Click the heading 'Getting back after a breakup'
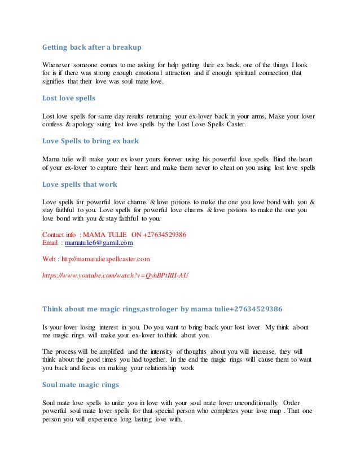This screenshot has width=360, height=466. pos(92,48)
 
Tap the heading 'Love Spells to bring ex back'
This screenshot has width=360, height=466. pos(90,140)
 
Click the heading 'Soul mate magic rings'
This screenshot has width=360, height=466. pos(80,385)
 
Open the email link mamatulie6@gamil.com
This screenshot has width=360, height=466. pos(99,242)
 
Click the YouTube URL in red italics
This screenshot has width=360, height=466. pos(116,275)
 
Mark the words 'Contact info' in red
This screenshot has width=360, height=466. pos(59,234)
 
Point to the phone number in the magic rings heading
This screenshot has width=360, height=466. pos(255,309)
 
